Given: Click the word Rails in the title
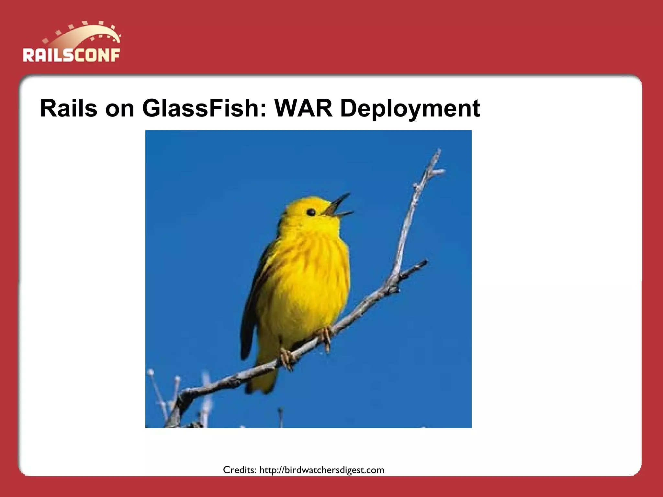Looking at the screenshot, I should (x=68, y=108).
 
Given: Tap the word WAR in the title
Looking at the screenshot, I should (x=303, y=108).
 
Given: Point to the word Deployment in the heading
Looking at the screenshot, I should (x=410, y=109).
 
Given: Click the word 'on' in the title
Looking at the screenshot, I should (x=119, y=109).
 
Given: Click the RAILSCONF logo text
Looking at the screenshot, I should (x=71, y=55).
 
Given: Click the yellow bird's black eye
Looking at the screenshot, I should (x=311, y=212).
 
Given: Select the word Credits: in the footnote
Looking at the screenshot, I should (x=240, y=470).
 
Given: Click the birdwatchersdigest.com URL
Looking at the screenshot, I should (x=322, y=470).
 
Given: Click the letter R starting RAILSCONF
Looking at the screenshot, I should (x=28, y=55).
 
